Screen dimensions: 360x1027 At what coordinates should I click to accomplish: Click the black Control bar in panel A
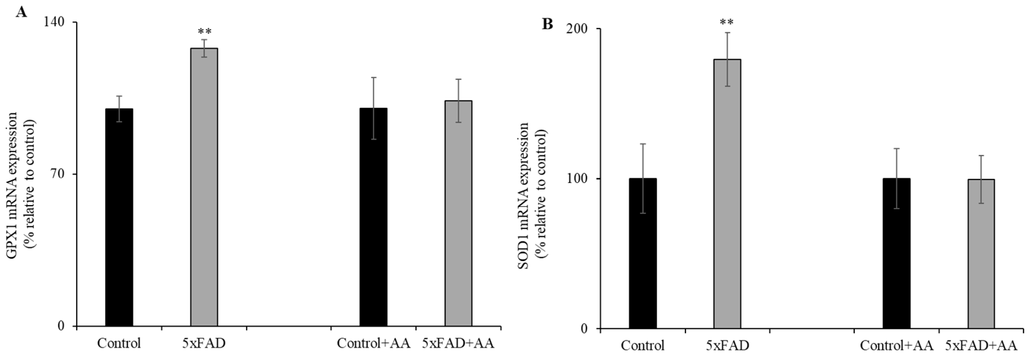119,217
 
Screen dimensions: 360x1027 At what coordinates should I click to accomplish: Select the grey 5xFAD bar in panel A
204,187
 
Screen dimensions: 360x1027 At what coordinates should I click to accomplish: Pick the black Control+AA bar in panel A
373,217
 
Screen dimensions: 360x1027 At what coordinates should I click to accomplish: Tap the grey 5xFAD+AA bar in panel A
458,213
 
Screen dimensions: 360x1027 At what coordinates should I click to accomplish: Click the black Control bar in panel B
643,253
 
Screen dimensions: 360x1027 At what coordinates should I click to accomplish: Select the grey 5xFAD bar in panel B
727,194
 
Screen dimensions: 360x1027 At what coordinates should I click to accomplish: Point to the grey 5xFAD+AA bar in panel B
981,254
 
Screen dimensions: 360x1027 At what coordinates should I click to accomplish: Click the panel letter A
21,12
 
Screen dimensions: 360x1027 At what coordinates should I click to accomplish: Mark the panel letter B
547,24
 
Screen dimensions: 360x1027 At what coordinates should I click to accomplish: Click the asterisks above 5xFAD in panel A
205,32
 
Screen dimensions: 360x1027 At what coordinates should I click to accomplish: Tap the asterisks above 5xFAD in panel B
727,22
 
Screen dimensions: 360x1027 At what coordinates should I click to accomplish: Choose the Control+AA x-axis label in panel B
896,345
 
